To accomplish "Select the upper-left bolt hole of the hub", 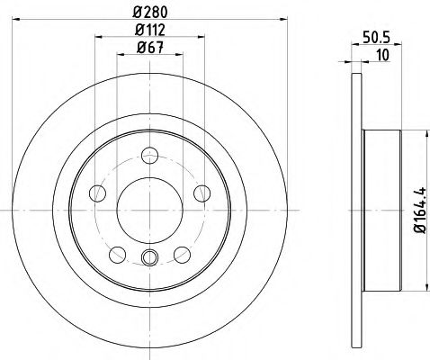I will pos(93,191).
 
